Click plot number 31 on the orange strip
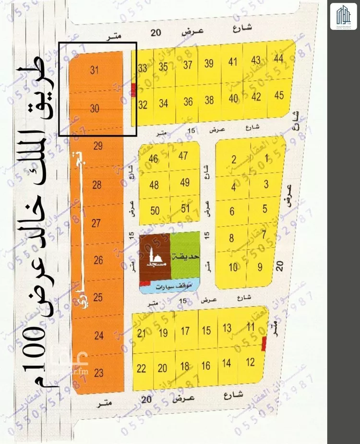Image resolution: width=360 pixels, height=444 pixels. click(x=94, y=70)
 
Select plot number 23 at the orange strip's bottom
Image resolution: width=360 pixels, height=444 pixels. click(x=99, y=372)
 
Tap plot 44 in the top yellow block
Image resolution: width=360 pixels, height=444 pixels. click(x=279, y=59)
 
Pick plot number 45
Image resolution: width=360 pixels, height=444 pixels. click(x=279, y=95)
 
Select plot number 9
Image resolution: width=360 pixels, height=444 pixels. click(x=260, y=267)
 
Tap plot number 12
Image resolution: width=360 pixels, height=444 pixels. click(x=250, y=362)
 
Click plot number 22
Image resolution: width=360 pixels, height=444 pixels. click(x=142, y=369)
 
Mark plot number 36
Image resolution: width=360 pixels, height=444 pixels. click(x=188, y=102)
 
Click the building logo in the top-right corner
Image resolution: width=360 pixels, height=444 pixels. click(x=343, y=16)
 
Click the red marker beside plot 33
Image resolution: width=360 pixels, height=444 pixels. click(x=133, y=86)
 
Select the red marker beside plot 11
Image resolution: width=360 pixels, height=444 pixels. click(x=264, y=344)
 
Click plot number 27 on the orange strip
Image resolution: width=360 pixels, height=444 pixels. click(x=96, y=223)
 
